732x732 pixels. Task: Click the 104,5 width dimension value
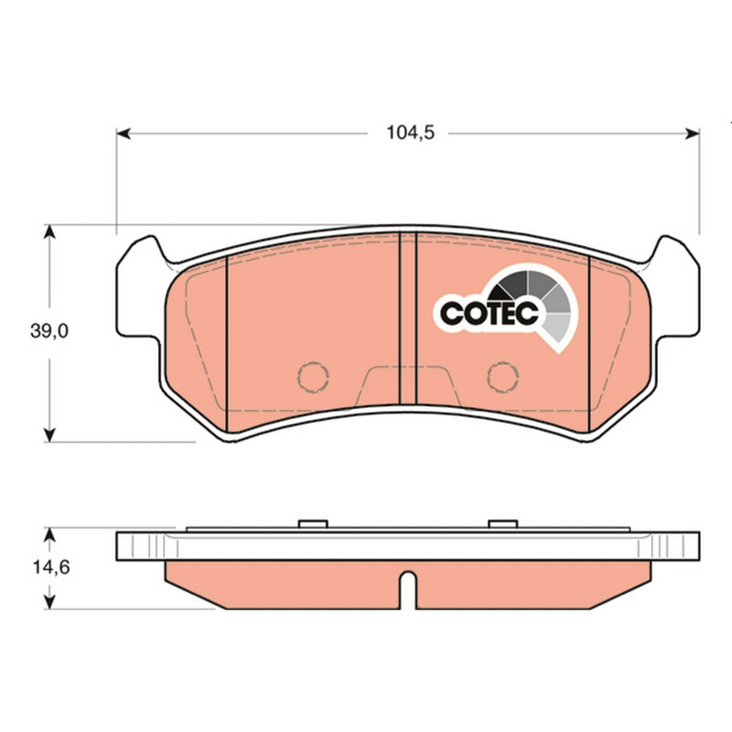tap(410, 133)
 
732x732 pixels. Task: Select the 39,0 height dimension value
tap(49, 331)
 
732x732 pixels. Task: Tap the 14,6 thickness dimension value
tap(51, 567)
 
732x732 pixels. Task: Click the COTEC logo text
tap(490, 313)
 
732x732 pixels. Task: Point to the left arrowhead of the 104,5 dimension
tap(124, 134)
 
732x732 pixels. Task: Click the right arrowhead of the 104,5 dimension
tap(693, 134)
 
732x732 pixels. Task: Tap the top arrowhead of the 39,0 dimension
tap(49, 231)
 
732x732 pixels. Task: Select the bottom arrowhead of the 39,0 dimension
tap(49, 436)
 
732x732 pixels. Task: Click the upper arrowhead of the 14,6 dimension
tap(49, 534)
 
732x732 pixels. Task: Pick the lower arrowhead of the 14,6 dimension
tap(49, 602)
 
